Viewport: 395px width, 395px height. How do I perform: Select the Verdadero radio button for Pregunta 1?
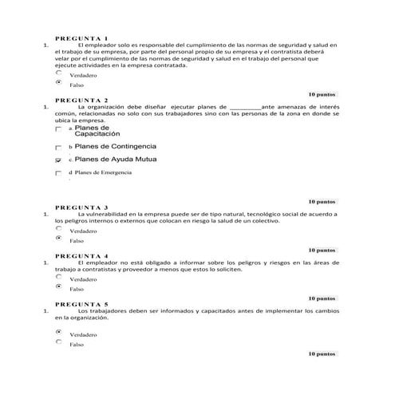(57, 72)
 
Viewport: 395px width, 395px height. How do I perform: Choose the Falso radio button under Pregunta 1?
(57, 81)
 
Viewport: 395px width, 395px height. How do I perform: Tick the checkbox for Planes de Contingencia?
(57, 148)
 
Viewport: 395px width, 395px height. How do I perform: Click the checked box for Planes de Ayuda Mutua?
(57, 160)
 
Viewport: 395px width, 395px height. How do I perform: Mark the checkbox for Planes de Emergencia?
(57, 172)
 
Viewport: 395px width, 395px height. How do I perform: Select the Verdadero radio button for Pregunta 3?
(57, 228)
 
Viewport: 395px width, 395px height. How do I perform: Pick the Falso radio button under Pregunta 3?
(57, 238)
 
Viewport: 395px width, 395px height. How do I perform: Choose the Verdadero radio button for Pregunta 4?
(57, 278)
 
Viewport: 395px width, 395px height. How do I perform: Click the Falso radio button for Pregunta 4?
(57, 287)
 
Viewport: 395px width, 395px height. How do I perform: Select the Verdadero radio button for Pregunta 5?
(57, 332)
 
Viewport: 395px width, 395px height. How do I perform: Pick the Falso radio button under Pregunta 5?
(57, 342)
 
